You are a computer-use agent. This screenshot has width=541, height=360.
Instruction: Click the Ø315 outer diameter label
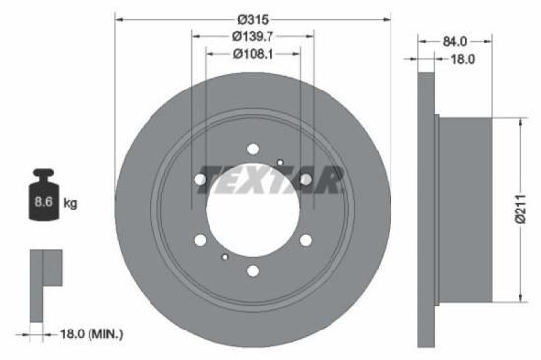(253, 17)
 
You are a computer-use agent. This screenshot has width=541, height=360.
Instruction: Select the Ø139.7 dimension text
(253, 36)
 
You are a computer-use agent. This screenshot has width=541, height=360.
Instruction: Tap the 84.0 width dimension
(454, 42)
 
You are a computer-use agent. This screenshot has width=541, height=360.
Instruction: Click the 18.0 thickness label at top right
(462, 59)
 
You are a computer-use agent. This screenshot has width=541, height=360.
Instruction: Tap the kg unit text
(70, 203)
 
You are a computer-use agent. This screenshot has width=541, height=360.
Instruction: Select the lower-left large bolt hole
(201, 240)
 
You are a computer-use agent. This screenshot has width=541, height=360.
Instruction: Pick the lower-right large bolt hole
(305, 240)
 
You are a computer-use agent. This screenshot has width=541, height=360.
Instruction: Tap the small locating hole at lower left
(225, 256)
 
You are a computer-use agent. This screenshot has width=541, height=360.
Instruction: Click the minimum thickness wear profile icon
(43, 284)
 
